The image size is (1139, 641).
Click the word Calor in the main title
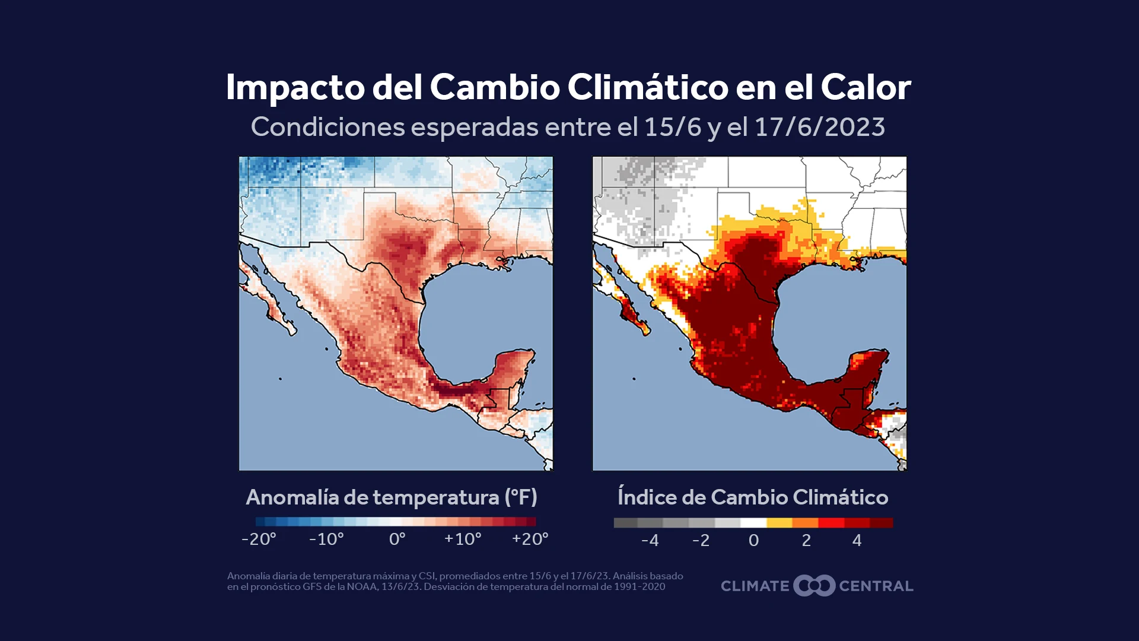tap(866, 87)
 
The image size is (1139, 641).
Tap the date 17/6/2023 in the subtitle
tap(820, 127)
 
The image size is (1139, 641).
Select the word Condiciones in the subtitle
tap(327, 127)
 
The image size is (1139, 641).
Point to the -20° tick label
tap(259, 539)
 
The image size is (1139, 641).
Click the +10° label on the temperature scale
tap(463, 539)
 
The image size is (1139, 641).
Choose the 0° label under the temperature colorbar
tap(397, 539)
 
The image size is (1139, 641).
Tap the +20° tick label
tap(530, 539)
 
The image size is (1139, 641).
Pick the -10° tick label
tap(326, 539)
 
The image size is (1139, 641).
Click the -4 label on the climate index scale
tap(650, 540)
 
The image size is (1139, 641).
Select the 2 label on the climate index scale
tap(806, 540)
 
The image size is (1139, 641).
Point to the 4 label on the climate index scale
tap(857, 540)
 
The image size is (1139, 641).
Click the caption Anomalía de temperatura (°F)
tap(392, 497)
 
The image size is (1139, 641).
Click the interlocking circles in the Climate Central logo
tap(814, 586)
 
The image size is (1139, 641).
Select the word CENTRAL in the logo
tap(876, 586)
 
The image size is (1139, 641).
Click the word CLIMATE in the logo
tap(755, 586)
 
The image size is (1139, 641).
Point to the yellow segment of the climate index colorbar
tap(779, 523)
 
